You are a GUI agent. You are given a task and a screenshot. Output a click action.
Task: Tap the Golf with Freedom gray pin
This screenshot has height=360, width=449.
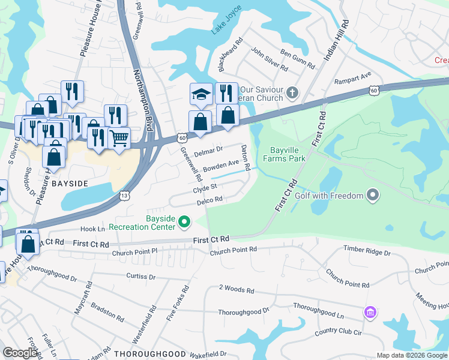pyautogui.click(x=373, y=196)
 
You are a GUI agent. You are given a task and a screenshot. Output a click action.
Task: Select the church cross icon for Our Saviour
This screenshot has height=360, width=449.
pyautogui.click(x=292, y=92)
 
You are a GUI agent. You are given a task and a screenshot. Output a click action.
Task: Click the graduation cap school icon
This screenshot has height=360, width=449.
pyautogui.click(x=201, y=94)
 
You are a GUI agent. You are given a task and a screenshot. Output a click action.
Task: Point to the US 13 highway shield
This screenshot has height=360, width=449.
pyautogui.click(x=124, y=196)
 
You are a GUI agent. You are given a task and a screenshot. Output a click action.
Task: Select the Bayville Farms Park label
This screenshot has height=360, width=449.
pyautogui.click(x=285, y=154)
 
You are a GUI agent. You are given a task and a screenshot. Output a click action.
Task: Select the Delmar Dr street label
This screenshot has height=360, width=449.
pyautogui.click(x=208, y=149)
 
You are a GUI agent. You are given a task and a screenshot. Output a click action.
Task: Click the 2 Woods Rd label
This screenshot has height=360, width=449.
pyautogui.click(x=237, y=290)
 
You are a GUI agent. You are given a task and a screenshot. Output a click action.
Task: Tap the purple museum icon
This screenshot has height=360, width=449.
pyautogui.click(x=370, y=312)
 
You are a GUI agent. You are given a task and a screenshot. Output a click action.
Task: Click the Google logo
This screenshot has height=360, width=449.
pyautogui.click(x=20, y=353)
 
